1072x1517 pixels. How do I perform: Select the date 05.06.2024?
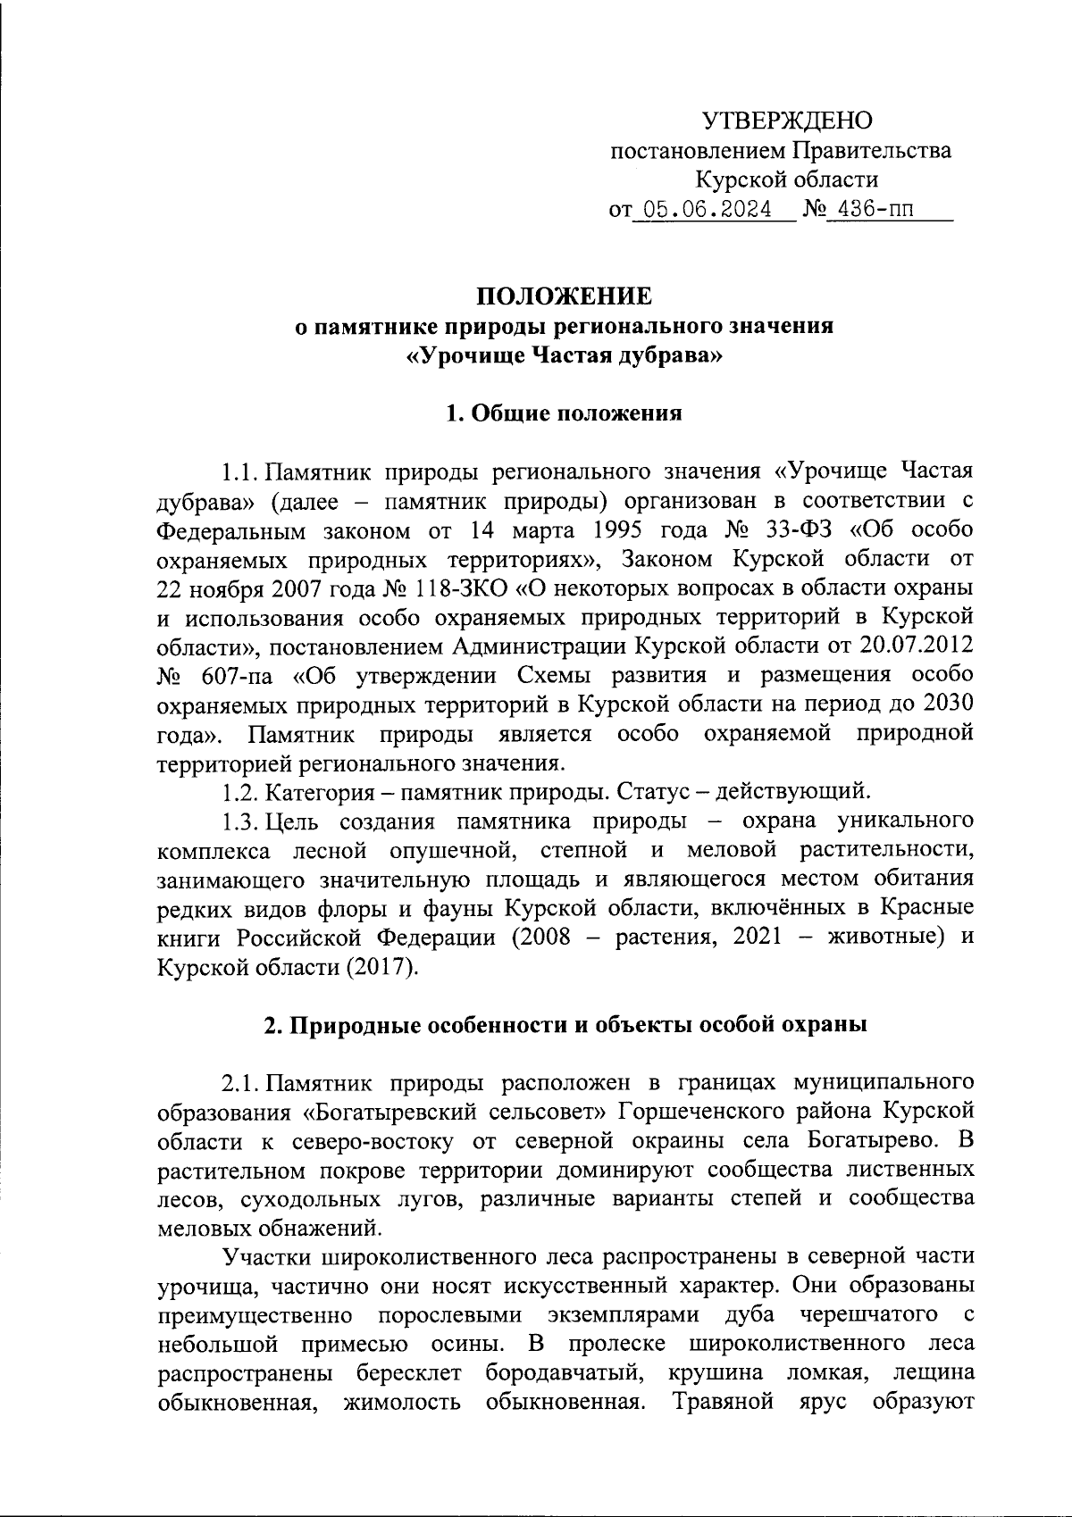[x=712, y=211]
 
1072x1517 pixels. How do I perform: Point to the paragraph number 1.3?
[x=240, y=820]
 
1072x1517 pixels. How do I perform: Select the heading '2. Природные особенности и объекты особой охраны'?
[x=565, y=1025]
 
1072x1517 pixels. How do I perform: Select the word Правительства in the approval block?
[x=872, y=151]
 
